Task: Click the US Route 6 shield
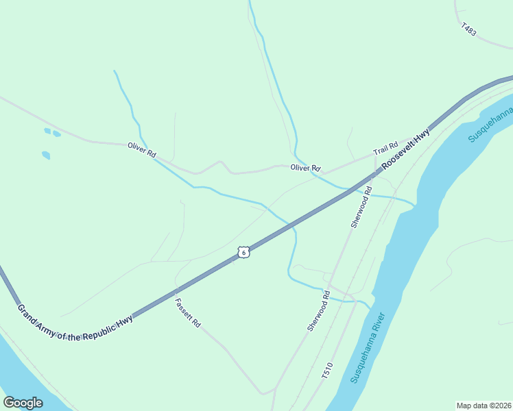tap(243, 252)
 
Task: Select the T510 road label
tap(326, 371)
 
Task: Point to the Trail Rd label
tap(385, 149)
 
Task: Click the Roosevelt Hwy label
tap(406, 149)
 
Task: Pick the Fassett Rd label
tap(187, 312)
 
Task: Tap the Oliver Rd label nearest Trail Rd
tap(305, 168)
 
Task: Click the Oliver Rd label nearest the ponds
tap(141, 150)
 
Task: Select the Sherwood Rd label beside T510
tap(318, 311)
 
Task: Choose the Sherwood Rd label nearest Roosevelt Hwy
tap(361, 206)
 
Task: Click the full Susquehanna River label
tap(368, 347)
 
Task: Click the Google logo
tap(23, 403)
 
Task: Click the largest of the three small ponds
tap(45, 155)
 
